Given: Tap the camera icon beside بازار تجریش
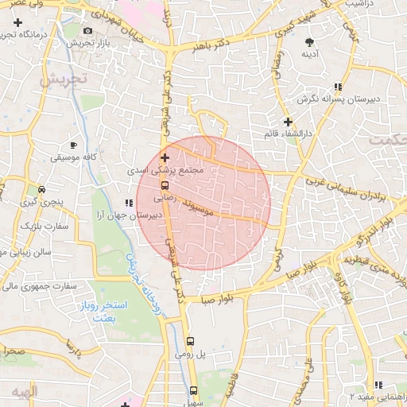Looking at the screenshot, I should coord(87,31).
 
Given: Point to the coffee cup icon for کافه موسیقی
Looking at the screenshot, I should coord(74,145).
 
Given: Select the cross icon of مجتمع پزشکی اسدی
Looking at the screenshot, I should coord(165,157).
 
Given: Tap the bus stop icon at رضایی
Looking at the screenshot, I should coord(165,185).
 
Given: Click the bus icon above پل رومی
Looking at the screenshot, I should coord(189,342).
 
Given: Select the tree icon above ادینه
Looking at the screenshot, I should coord(309,43).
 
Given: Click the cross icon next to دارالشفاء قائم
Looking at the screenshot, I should coord(288,121).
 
